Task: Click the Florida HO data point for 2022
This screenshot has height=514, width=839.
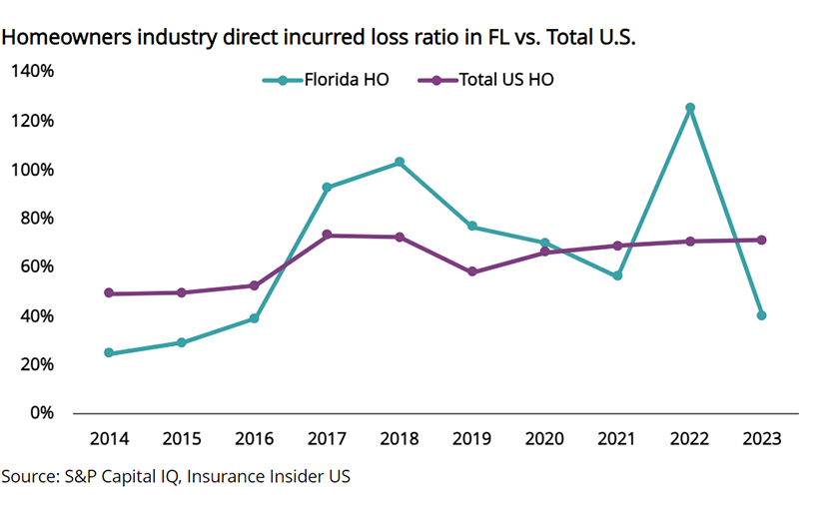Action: [689, 108]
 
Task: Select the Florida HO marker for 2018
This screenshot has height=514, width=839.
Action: [400, 162]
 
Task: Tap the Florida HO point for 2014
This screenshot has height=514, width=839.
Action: [108, 353]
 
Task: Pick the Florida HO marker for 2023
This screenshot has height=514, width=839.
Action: [762, 315]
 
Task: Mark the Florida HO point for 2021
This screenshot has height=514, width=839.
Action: [617, 275]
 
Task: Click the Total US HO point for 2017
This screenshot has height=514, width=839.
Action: [327, 236]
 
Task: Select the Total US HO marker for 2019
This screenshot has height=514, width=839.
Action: [471, 271]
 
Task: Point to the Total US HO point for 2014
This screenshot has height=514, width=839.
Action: [108, 293]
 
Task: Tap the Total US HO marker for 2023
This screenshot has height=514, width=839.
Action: [762, 240]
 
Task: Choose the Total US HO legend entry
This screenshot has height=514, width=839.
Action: [488, 80]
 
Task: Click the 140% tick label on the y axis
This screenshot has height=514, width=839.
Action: [33, 72]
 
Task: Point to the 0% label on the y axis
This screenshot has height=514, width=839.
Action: [41, 413]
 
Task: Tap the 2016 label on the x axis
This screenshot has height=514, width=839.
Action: [254, 439]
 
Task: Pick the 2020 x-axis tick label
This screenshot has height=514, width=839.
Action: [544, 439]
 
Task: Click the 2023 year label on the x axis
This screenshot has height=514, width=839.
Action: [762, 439]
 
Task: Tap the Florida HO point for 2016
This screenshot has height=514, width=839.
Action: [254, 318]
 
